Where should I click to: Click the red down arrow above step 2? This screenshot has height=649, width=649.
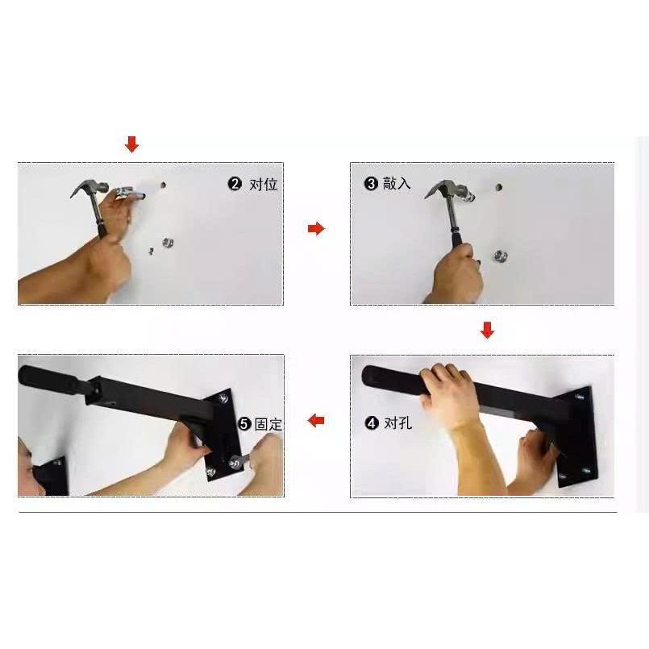click(131, 144)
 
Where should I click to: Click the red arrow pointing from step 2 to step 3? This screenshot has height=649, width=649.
click(316, 228)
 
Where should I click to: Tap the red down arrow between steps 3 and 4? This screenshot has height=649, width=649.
click(487, 330)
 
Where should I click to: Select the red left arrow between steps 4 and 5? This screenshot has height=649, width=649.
click(316, 421)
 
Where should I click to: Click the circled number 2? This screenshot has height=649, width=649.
click(235, 183)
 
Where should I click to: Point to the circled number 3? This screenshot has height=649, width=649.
click(371, 183)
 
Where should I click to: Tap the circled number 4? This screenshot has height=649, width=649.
click(372, 423)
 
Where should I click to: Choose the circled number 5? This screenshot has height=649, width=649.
click(244, 424)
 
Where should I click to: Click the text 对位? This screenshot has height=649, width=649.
click(264, 184)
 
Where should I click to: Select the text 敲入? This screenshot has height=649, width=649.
click(397, 183)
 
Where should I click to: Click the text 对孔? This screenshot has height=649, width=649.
click(397, 423)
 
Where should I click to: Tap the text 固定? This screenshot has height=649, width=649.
click(268, 424)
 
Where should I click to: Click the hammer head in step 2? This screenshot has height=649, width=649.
click(89, 187)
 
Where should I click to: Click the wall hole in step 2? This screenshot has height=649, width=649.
click(163, 185)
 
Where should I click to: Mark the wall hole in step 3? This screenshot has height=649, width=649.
click(499, 187)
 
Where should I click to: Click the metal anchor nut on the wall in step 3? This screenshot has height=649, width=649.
click(500, 256)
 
